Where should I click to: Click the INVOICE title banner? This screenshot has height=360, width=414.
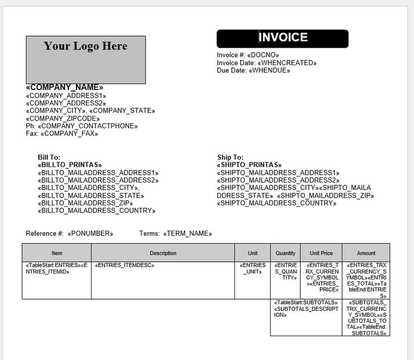[283, 38]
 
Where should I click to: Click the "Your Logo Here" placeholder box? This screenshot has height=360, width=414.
[85, 59]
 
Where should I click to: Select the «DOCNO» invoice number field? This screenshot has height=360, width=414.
[263, 55]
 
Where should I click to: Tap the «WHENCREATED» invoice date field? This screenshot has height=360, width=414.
[287, 63]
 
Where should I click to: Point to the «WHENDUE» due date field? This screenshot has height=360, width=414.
[269, 70]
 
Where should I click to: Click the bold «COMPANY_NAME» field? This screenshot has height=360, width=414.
[65, 87]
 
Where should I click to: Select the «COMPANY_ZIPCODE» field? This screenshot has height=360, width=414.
[63, 118]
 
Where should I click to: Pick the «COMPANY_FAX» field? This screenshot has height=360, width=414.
[69, 133]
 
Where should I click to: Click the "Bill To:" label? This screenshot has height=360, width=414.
[49, 157]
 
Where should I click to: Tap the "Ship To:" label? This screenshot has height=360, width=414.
[230, 157]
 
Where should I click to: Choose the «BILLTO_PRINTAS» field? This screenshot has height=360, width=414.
[70, 165]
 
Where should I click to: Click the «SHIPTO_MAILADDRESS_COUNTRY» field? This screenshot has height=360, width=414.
[276, 203]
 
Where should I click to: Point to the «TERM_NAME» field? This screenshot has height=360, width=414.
[187, 233]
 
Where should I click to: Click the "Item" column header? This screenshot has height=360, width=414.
[57, 253]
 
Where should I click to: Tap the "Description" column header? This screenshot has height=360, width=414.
[163, 253]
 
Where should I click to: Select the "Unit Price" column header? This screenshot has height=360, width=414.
[321, 253]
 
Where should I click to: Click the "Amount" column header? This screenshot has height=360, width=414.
[366, 253]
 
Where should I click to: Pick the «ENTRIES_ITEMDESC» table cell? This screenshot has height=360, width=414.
[125, 265]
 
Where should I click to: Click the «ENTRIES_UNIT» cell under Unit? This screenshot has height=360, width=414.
[253, 268]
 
